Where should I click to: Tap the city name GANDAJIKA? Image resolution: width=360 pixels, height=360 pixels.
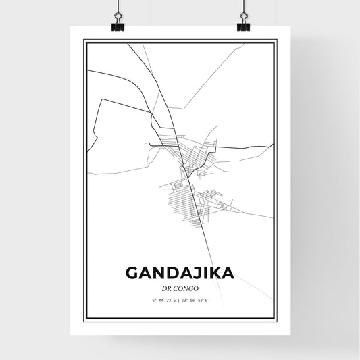(x=180, y=274)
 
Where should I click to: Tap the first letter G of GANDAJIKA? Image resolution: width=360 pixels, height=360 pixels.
(x=133, y=274)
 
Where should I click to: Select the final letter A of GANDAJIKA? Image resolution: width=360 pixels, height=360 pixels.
(x=228, y=274)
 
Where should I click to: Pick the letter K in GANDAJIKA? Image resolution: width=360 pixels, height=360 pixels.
(x=213, y=274)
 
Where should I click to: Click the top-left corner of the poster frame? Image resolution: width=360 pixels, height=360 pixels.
(x=84, y=41)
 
